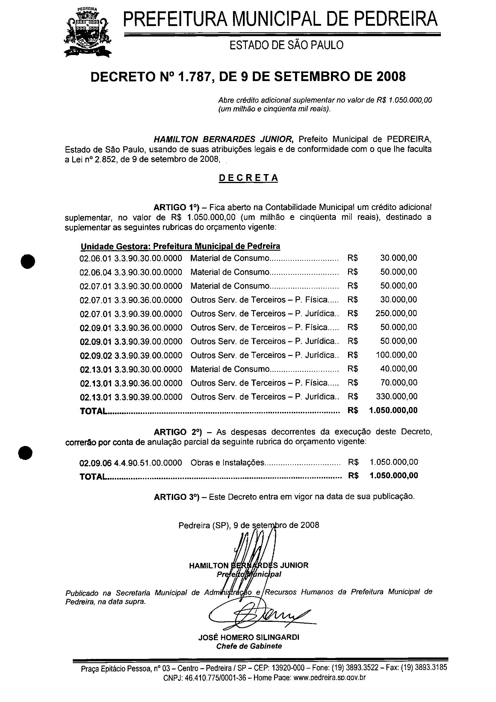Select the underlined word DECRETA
pyautogui.click(x=248, y=178)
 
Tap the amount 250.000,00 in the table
pyautogui.click(x=396, y=313)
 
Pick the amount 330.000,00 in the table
pyautogui.click(x=396, y=397)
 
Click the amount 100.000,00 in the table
pyautogui.click(x=396, y=355)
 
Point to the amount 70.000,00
pyautogui.click(x=399, y=383)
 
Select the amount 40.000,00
pyautogui.click(x=399, y=369)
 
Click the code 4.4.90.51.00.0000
pyautogui.click(x=148, y=463)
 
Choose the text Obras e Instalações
pyautogui.click(x=227, y=463)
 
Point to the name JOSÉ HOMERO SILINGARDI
pyautogui.click(x=249, y=637)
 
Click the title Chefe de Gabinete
pyautogui.click(x=249, y=646)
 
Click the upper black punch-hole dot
pyautogui.click(x=27, y=262)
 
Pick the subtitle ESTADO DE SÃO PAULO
pyautogui.click(x=286, y=45)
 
